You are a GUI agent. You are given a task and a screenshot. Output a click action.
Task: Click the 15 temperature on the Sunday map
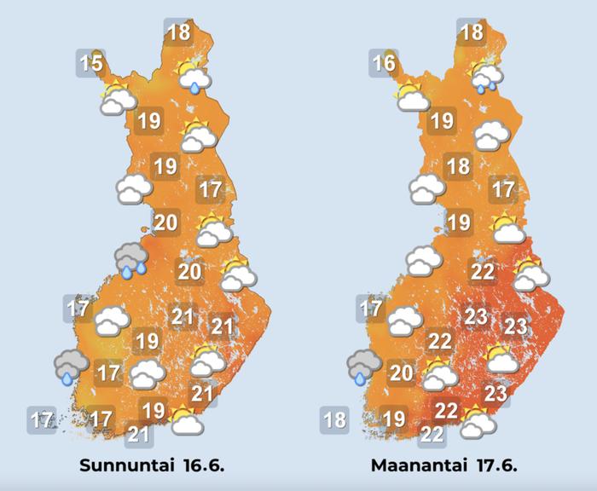pos(91,62)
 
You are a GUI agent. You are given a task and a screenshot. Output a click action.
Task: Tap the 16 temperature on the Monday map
pos(385,62)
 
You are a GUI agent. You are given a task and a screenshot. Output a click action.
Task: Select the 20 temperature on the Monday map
pos(402,372)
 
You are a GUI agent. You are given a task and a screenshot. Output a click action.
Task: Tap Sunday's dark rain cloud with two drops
pos(131,259)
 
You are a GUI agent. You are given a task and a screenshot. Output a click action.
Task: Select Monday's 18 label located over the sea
pos(334,419)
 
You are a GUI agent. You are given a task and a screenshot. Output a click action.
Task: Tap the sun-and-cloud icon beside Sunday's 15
pos(118,98)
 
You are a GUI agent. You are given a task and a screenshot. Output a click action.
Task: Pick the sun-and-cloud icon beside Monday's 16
pos(412,96)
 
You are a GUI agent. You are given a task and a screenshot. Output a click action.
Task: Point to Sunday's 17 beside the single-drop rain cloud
pos(108,373)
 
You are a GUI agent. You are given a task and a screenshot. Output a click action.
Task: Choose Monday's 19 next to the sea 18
pos(394,419)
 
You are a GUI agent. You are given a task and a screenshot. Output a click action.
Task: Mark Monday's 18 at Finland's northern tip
pos(472,34)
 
